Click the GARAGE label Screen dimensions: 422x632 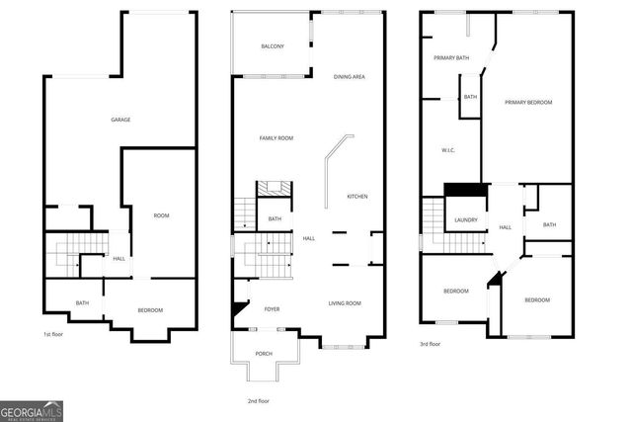click(x=120, y=120)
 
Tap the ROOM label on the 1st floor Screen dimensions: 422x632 click(x=162, y=214)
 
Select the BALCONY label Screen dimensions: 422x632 click(x=273, y=46)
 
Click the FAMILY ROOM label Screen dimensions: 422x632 click(x=276, y=138)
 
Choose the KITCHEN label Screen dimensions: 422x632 click(x=356, y=197)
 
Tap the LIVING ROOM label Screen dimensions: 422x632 click(x=345, y=303)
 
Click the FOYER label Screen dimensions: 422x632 click(x=272, y=309)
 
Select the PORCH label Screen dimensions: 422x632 click(x=264, y=354)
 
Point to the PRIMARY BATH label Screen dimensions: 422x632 click(x=451, y=58)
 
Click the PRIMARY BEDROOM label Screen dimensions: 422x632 click(x=528, y=103)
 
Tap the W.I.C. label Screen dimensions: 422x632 click(x=446, y=149)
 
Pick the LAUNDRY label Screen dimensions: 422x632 click(x=466, y=219)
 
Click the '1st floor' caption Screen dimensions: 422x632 click(x=54, y=334)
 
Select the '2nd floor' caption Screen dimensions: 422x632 click(x=258, y=400)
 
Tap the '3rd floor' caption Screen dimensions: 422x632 click(x=430, y=344)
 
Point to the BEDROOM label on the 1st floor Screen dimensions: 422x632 click(x=150, y=310)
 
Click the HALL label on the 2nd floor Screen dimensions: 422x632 click(x=308, y=238)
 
